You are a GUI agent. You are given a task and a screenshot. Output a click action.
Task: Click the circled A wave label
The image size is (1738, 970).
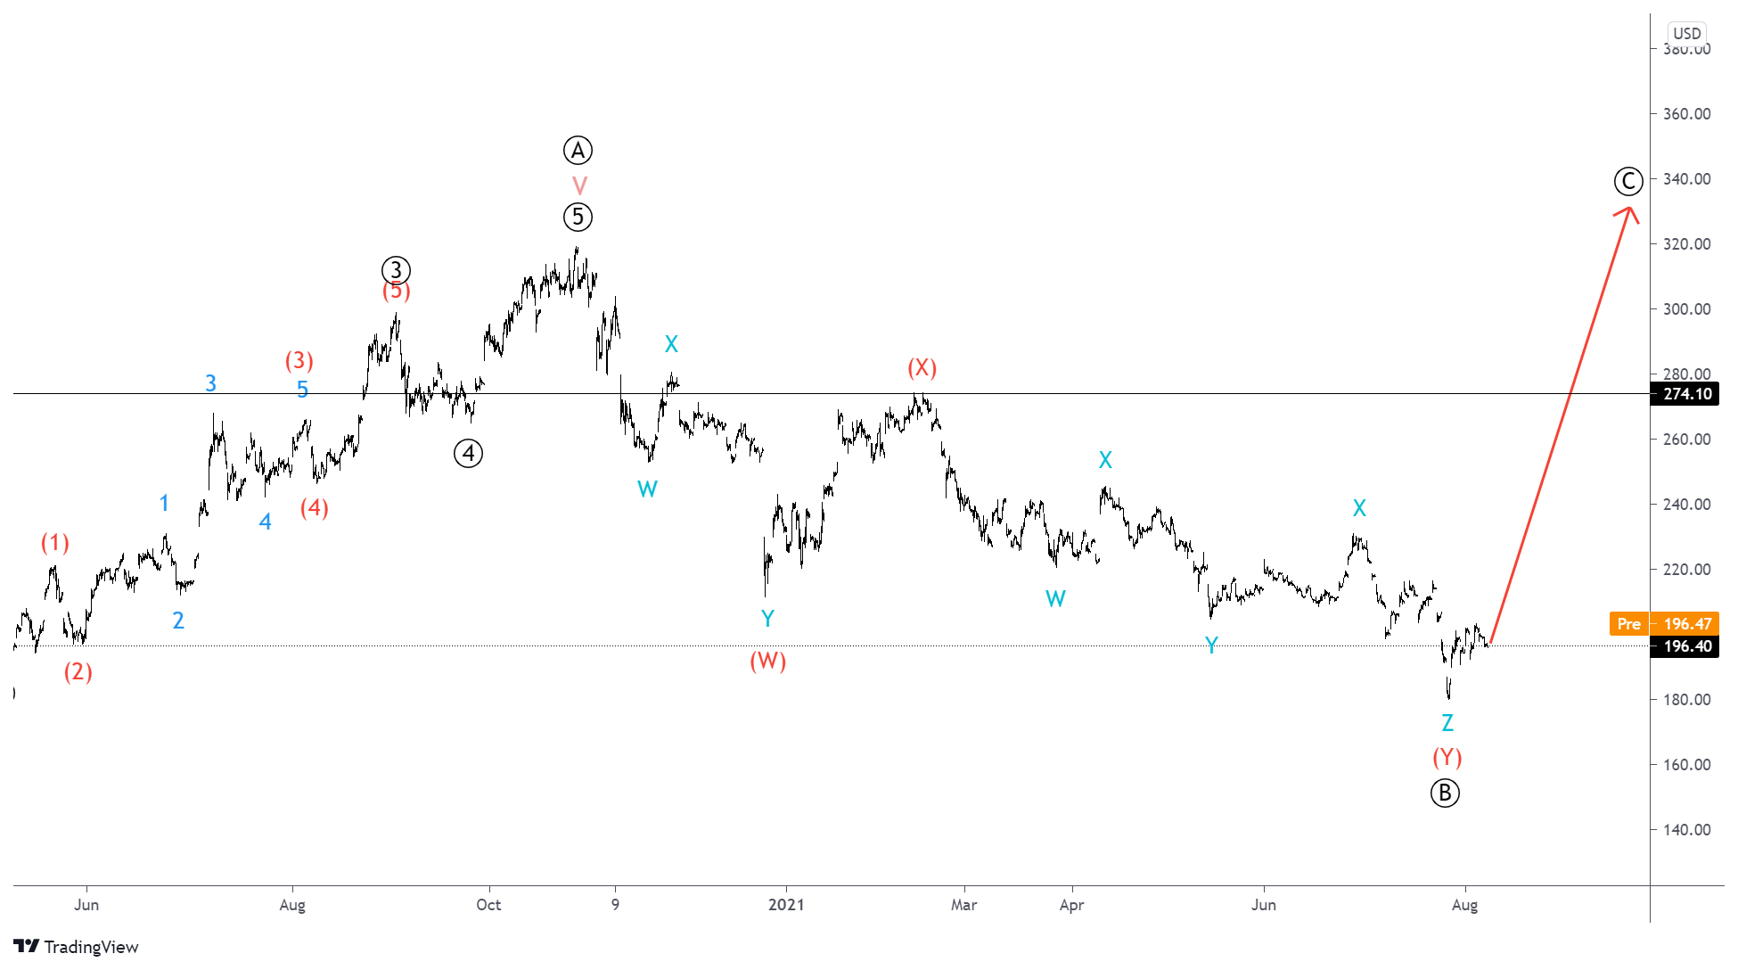coord(578,151)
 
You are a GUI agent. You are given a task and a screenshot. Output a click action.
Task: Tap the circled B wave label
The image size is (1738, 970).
coord(1445,793)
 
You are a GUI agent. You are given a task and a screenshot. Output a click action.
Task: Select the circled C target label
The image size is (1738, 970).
coord(1628,182)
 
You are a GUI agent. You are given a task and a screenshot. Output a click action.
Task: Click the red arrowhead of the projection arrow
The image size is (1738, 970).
coord(1628,211)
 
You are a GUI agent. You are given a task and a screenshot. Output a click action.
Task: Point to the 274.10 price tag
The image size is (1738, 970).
coord(1687,394)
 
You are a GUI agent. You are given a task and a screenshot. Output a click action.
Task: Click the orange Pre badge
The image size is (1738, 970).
coord(1628,624)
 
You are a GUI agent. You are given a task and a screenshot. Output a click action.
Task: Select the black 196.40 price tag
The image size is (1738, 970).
coord(1687,646)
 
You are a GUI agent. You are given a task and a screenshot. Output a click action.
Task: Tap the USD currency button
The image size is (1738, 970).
coord(1686,34)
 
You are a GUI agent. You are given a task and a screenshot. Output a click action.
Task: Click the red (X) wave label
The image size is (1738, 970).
coord(922,367)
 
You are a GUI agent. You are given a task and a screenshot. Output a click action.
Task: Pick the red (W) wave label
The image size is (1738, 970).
coord(767,661)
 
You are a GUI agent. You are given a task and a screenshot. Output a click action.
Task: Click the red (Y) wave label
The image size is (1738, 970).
coord(1447,757)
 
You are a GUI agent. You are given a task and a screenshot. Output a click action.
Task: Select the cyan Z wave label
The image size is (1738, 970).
coord(1447,723)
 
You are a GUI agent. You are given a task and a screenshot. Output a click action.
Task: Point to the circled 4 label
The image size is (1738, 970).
coord(468,454)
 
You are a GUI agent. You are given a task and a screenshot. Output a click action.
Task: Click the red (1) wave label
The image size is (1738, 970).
coord(55,543)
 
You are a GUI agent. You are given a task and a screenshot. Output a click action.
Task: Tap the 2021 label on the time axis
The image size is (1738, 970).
coord(786,905)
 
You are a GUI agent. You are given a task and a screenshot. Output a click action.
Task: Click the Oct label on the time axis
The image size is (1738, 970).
coord(488,905)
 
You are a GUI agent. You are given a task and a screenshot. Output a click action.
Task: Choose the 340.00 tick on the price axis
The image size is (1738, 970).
coord(1686,179)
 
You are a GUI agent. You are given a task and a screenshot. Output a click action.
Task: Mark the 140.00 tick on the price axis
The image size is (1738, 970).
coord(1686,830)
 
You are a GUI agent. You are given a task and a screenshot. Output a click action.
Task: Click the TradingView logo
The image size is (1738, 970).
coord(77,947)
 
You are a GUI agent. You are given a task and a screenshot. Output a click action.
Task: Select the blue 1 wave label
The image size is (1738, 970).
coord(164,503)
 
